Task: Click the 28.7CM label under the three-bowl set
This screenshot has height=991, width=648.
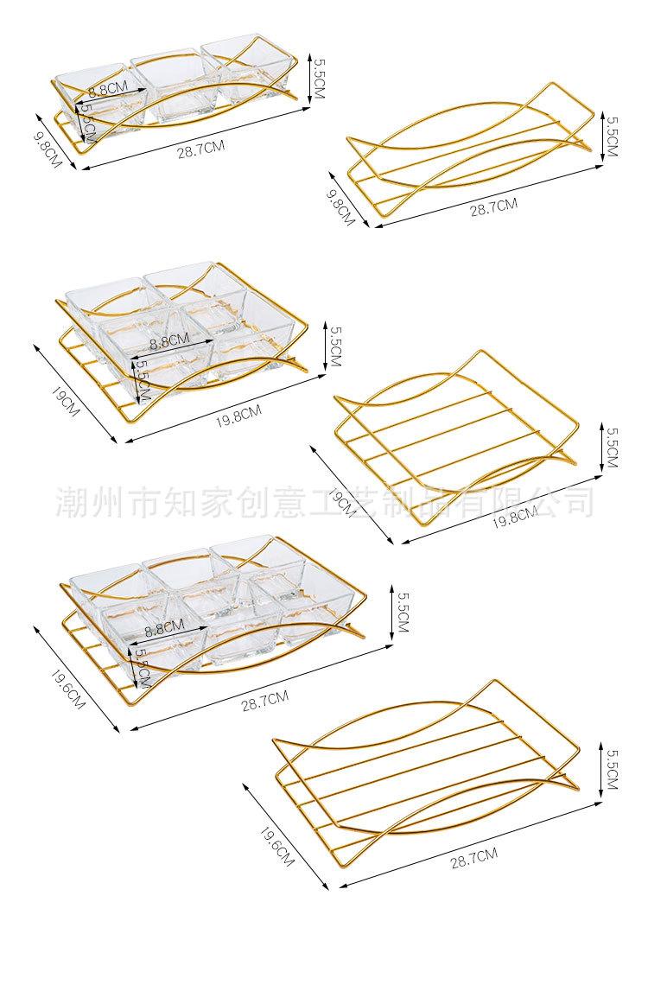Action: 200,148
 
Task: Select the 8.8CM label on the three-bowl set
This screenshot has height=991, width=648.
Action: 109,88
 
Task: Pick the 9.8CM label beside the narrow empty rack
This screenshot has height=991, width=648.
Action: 340,208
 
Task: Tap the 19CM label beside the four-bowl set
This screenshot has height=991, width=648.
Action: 66,403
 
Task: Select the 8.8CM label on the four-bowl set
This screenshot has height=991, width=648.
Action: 169,342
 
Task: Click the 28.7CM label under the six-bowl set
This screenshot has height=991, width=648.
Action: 265,699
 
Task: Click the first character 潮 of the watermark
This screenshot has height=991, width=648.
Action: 69,500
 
